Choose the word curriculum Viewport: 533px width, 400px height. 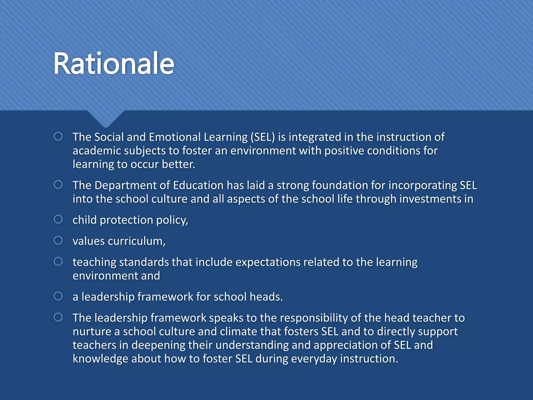pos(136,241)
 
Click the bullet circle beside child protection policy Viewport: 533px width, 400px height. pos(58,219)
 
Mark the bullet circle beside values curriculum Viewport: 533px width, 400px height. pos(58,240)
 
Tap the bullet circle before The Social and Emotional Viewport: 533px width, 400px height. pos(58,136)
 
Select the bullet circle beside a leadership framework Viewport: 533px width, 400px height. pos(58,296)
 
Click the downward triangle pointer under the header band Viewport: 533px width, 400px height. pos(106,118)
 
